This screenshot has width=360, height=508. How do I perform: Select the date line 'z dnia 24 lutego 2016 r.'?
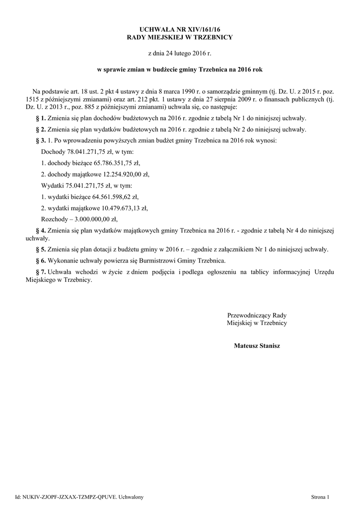click(180, 53)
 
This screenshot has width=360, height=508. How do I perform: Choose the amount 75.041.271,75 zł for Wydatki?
click(83, 186)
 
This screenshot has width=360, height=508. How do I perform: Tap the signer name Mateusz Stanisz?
click(257, 346)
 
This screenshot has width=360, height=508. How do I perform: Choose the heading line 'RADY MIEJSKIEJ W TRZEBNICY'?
click(180, 38)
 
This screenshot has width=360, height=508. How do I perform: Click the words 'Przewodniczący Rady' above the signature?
click(257, 316)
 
